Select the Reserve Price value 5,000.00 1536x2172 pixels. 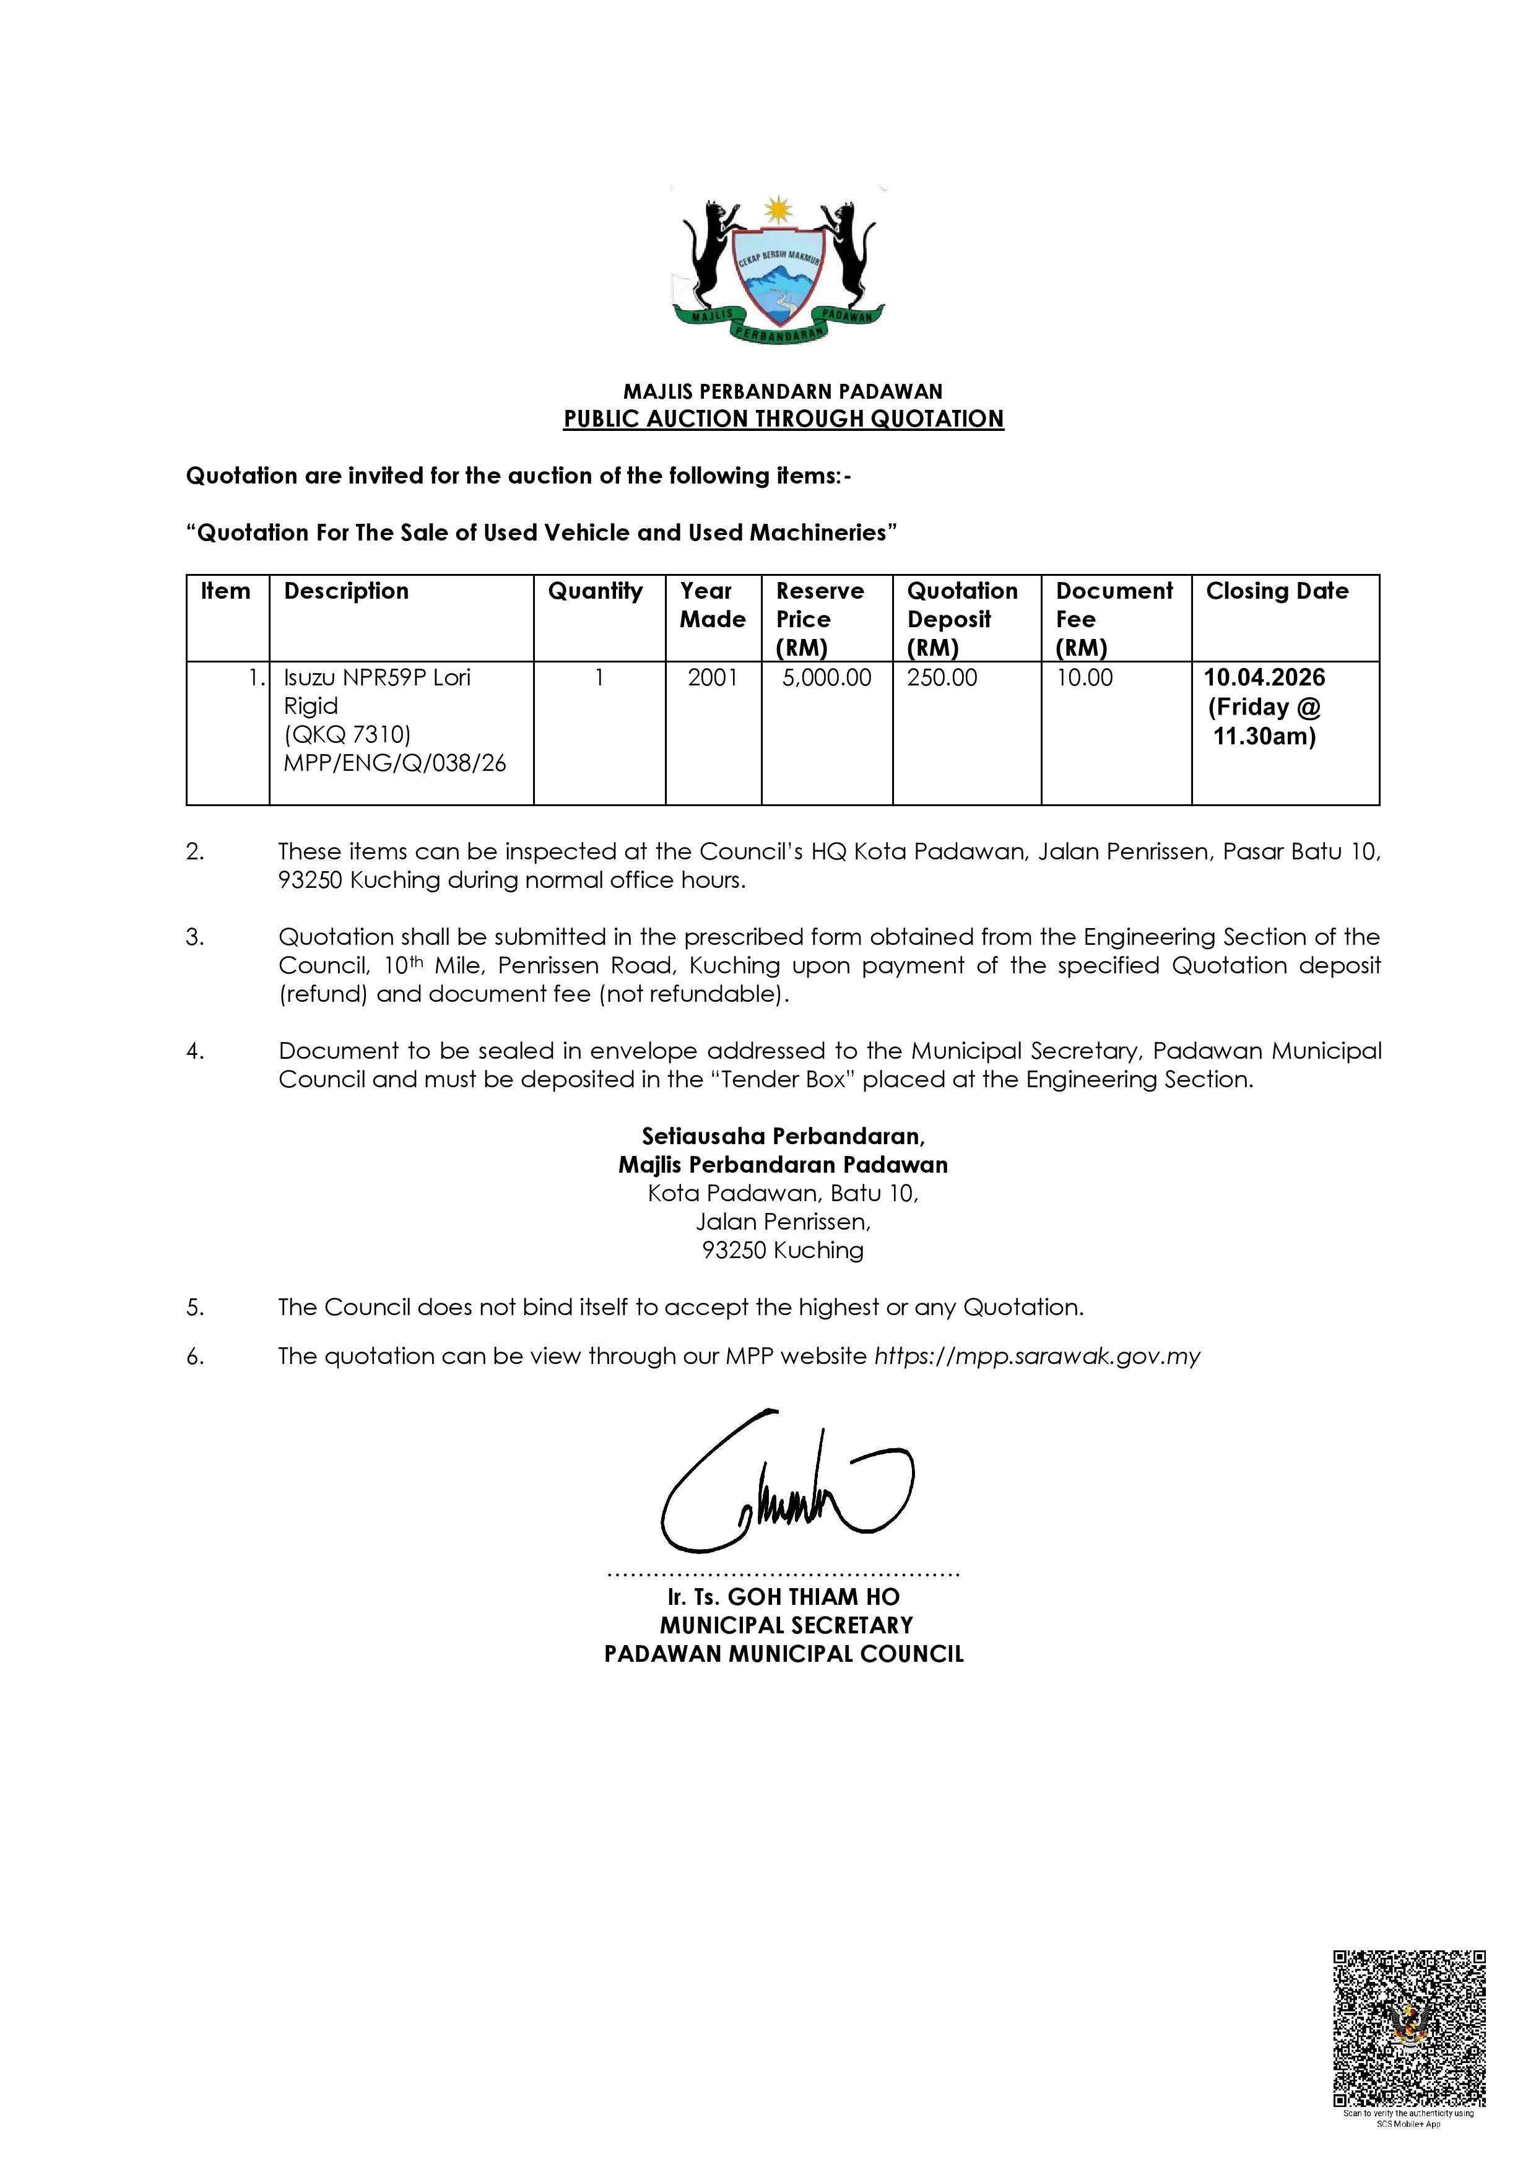point(827,678)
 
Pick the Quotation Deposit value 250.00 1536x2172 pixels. point(942,678)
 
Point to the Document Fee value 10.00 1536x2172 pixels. point(1084,678)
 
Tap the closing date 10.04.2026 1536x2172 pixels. point(1265,678)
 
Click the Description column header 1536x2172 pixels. point(346,591)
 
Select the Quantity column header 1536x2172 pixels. point(595,591)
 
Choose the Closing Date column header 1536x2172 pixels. point(1277,591)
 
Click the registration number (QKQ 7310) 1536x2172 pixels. point(347,734)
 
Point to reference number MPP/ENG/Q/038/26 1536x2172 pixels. point(394,763)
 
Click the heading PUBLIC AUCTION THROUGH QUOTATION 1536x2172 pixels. point(783,419)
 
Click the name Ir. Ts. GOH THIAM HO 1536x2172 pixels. point(783,1597)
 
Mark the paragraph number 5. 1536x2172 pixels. point(195,1308)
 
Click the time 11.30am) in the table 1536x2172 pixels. point(1265,737)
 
